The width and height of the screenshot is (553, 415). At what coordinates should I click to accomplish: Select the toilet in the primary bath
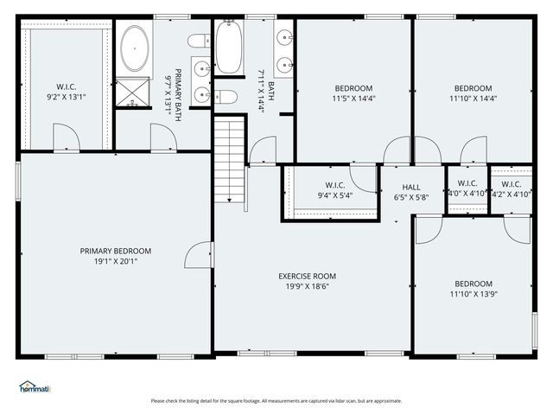198,41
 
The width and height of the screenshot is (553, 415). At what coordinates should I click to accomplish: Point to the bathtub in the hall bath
229,47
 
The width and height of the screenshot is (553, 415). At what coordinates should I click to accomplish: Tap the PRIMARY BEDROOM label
115,251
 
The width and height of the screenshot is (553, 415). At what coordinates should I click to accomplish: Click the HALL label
411,187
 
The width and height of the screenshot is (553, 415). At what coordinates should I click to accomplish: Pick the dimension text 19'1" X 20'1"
115,261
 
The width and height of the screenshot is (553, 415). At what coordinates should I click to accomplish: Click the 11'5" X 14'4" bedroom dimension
353,99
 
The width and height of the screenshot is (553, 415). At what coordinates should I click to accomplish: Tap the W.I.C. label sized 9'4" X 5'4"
335,185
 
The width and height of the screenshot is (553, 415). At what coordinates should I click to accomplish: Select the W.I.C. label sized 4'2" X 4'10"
511,183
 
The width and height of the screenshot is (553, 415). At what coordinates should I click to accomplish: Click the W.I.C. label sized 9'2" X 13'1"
67,86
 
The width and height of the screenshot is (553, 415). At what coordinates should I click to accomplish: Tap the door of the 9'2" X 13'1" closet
66,137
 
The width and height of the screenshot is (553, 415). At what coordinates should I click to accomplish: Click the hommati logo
35,386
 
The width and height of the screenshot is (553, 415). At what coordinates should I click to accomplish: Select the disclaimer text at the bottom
276,400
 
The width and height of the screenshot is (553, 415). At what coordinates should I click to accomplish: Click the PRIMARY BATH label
178,94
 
